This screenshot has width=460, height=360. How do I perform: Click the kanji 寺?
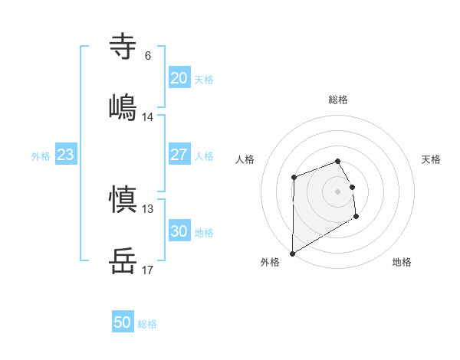(123, 47)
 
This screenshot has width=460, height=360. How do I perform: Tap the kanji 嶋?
(123, 107)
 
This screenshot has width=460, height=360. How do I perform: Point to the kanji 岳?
(123, 261)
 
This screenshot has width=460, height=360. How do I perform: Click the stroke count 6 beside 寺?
(147, 56)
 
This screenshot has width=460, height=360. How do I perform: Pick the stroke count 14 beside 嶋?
(147, 117)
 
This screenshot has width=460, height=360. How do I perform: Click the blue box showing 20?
(179, 78)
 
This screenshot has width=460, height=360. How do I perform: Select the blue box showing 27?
(179, 155)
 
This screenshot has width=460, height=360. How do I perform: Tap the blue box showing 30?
(179, 231)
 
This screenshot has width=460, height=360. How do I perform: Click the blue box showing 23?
(65, 155)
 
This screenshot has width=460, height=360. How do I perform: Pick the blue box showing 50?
(123, 322)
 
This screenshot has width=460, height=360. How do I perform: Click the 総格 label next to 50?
(147, 324)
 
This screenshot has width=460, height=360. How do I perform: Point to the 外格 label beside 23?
(41, 156)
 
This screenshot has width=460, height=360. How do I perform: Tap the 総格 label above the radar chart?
(338, 100)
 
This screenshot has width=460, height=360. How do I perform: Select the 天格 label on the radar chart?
(432, 159)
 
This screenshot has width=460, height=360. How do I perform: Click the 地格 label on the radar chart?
(402, 262)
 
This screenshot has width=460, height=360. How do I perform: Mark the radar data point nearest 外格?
(292, 253)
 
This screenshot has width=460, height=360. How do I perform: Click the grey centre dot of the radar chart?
(338, 191)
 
